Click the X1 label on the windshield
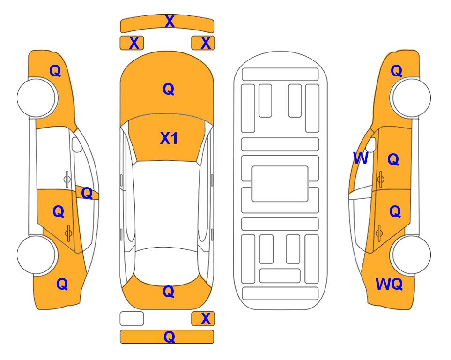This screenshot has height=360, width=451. [169, 138]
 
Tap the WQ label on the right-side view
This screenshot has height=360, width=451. [389, 284]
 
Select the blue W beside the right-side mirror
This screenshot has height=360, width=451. [361, 158]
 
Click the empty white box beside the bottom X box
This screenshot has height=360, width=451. [132, 319]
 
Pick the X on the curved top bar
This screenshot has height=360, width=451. [170, 22]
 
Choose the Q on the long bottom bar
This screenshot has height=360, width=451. [169, 337]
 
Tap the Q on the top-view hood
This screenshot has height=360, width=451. [169, 89]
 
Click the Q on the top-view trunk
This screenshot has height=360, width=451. [169, 292]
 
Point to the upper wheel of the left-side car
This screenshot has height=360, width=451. [37, 98]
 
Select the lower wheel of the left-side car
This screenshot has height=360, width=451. [37, 255]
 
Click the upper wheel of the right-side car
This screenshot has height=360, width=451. [410, 98]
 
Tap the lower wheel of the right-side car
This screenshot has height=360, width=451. [410, 255]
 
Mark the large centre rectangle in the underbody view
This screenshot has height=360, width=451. [280, 184]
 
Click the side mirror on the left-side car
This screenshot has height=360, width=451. [76, 144]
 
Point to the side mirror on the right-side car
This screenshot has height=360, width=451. [371, 145]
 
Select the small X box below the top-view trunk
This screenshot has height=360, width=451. [203, 319]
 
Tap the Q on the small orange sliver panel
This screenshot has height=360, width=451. [87, 193]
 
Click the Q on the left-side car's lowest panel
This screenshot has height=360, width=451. [62, 284]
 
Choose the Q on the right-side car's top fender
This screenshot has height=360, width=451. [396, 71]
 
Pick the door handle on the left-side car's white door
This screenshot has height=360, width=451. [67, 179]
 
